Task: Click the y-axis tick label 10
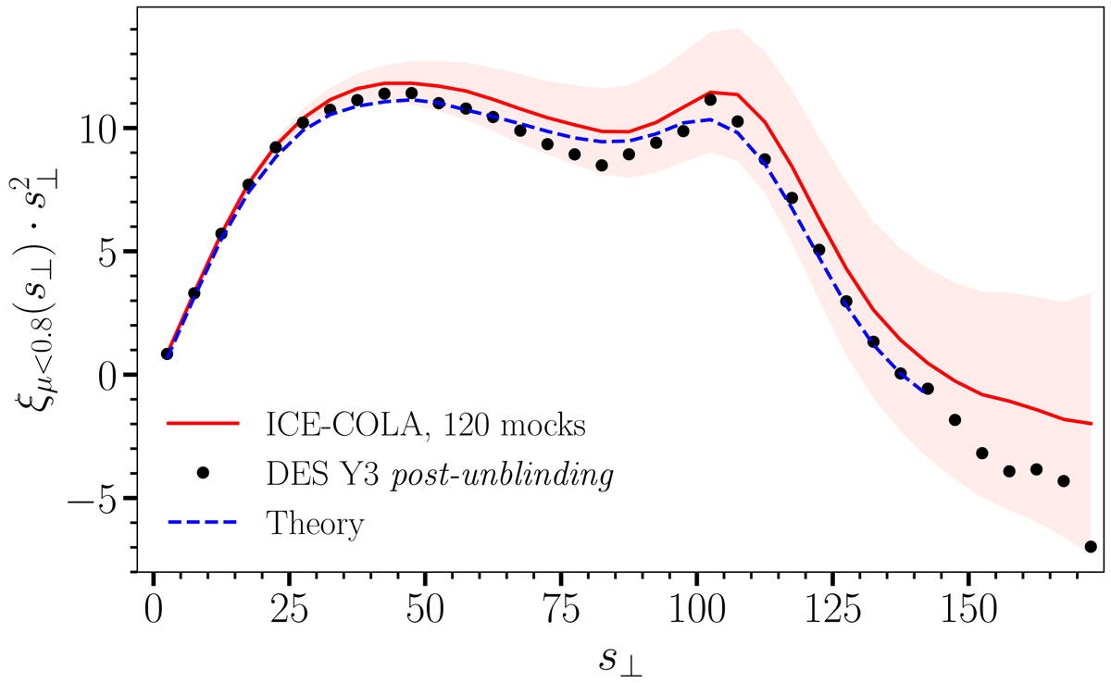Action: click(x=103, y=128)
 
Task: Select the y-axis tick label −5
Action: click(x=97, y=499)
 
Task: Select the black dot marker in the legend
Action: click(x=205, y=473)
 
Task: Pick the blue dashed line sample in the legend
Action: click(x=205, y=523)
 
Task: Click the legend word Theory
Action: click(x=315, y=523)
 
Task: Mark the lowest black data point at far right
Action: click(x=1091, y=547)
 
